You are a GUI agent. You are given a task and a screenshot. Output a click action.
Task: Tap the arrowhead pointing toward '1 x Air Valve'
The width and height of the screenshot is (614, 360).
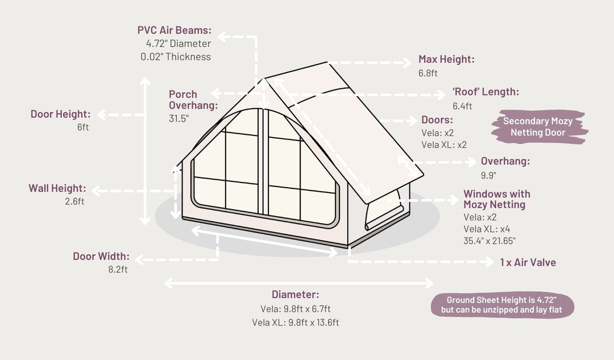[x=493, y=262]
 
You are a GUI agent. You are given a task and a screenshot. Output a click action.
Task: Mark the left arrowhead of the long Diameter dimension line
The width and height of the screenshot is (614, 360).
[x=165, y=283]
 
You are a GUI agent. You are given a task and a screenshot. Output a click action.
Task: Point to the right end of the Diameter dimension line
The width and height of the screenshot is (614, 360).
[x=433, y=283]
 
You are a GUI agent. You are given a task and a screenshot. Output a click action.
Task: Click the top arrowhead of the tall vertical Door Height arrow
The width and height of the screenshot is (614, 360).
[x=146, y=78]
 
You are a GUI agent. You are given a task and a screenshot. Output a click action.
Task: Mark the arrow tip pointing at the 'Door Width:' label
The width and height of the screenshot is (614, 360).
[x=136, y=259]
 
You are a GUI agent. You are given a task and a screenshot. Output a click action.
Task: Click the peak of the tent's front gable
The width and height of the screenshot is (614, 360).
[x=264, y=78]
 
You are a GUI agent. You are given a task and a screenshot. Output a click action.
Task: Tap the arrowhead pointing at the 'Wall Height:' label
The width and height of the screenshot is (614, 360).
[x=93, y=191]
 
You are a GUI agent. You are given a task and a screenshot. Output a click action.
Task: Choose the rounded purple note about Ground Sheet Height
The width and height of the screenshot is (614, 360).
[x=503, y=305]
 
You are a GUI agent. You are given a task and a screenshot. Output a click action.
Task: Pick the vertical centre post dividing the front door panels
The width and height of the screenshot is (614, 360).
[x=263, y=162]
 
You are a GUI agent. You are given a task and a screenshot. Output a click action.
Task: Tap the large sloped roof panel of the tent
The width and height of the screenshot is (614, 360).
[x=345, y=129]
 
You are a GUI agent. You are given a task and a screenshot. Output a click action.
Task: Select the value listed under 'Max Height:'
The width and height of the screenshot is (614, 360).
[x=428, y=73]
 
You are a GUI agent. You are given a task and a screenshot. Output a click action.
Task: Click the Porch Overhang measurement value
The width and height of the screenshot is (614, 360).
[x=179, y=118]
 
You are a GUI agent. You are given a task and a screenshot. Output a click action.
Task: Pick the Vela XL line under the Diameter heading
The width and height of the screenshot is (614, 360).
[x=295, y=322]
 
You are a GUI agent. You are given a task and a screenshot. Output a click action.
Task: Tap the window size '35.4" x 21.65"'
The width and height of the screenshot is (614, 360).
[x=489, y=241]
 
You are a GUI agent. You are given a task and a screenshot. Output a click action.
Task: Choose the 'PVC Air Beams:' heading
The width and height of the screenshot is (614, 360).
[x=175, y=30]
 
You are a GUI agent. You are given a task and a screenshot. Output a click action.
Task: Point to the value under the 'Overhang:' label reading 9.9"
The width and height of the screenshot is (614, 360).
[x=488, y=175]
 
